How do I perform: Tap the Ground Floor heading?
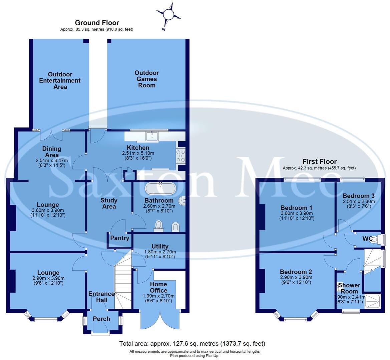pyautogui.click(x=97, y=23)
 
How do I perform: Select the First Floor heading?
pyautogui.click(x=319, y=161)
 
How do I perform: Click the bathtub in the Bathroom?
pyautogui.click(x=160, y=189)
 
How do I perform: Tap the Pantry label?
pyautogui.click(x=119, y=238)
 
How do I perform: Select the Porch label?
pyautogui.click(x=101, y=319)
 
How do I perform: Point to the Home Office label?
pyautogui.click(x=158, y=287)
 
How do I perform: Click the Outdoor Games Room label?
pyautogui.click(x=147, y=79)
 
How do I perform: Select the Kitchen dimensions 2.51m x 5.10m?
pyautogui.click(x=138, y=156)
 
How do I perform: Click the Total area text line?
pyautogui.click(x=192, y=343)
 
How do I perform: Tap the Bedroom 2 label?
pyautogui.click(x=296, y=271)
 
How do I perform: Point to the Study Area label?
pyautogui.click(x=109, y=203)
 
